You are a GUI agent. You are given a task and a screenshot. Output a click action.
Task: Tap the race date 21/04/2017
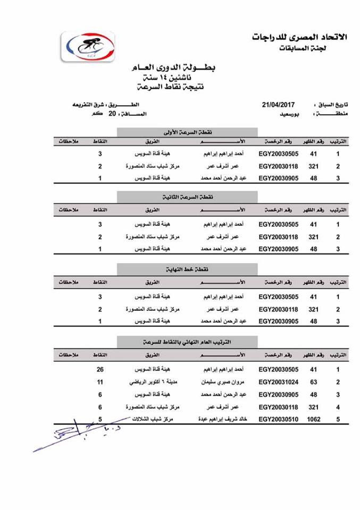pyautogui.click(x=278, y=105)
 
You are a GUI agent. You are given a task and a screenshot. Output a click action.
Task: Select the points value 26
pyautogui.click(x=99, y=369)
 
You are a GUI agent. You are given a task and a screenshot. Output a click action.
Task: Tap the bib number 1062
pyautogui.click(x=314, y=420)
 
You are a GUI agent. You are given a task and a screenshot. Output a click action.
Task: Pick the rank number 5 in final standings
pyautogui.click(x=338, y=420)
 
